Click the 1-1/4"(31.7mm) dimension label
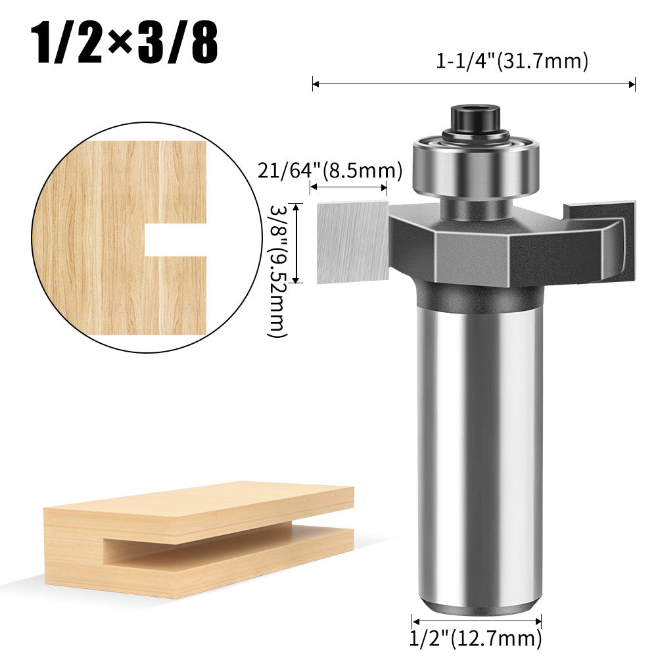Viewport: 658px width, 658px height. (512, 62)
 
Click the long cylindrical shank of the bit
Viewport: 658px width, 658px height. (480, 447)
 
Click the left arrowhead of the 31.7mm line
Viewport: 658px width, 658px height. (314, 83)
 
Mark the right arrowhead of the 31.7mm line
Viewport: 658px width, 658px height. (634, 83)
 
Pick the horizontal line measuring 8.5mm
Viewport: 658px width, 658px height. (348, 188)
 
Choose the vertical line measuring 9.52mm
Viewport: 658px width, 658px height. (296, 243)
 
